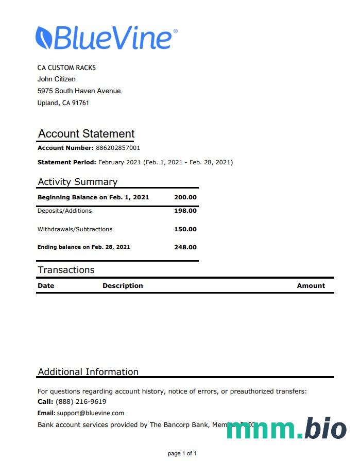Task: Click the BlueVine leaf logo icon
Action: (43, 38)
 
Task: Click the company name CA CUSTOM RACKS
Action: (66, 67)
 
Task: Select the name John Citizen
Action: (57, 79)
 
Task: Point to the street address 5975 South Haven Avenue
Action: (79, 91)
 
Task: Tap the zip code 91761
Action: (81, 103)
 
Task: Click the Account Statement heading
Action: (86, 134)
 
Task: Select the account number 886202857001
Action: (118, 148)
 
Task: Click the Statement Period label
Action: (67, 162)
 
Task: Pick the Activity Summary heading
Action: (78, 182)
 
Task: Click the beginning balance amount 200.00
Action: (185, 197)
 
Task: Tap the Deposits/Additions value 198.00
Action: (185, 211)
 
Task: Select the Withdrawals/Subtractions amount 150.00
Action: (185, 229)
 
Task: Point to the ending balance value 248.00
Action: (185, 247)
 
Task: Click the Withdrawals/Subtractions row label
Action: (75, 229)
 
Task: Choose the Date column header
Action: (46, 285)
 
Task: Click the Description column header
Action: (123, 285)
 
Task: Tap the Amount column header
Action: (311, 285)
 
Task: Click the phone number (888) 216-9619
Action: (81, 402)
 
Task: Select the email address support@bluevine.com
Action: (91, 413)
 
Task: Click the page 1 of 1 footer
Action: (182, 453)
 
